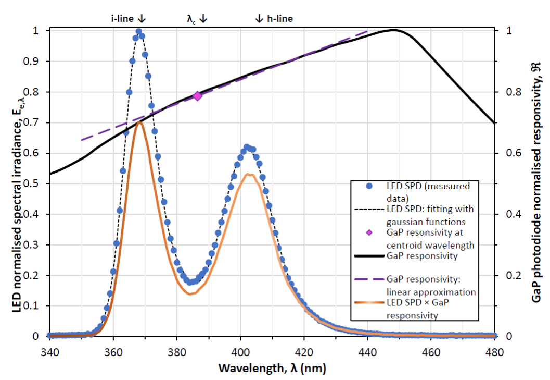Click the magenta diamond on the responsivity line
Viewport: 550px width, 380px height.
click(198, 96)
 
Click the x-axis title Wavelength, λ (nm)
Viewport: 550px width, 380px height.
click(272, 369)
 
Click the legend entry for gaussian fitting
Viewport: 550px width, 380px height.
click(429, 215)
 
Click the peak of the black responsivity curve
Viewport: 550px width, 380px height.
click(394, 30)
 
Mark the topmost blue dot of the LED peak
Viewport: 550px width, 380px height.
click(139, 32)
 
